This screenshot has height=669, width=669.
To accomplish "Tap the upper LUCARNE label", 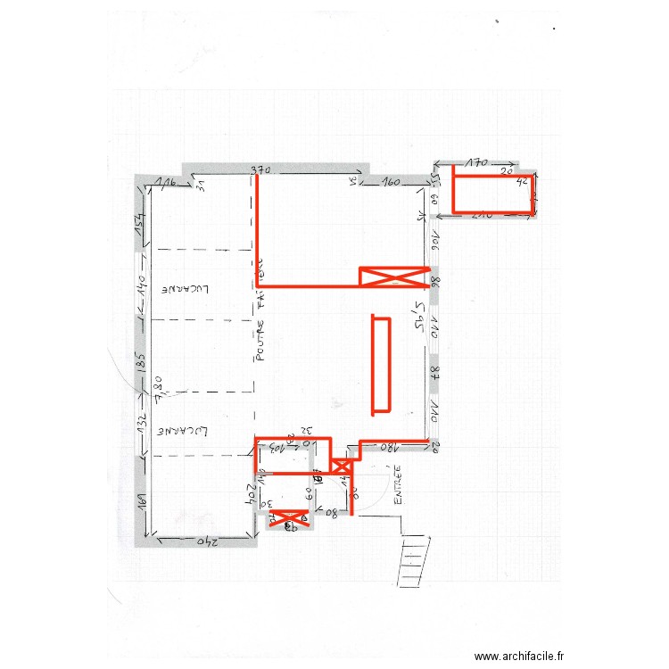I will coord(188,290).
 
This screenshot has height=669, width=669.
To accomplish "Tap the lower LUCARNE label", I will coord(185,431).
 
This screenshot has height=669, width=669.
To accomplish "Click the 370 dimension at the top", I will coord(260,169).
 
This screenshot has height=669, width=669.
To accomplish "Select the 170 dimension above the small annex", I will coord(477,163).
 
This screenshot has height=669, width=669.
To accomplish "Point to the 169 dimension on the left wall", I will coord(141,502).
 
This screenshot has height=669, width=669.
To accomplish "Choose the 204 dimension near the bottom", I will coord(253,494).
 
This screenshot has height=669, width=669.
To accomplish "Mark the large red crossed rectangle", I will coord(393,277).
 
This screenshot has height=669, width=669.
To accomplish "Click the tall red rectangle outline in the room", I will coord(381,364).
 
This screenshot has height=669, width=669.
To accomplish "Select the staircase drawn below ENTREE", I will coord(413,558).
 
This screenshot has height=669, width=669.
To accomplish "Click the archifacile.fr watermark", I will coord(518,657).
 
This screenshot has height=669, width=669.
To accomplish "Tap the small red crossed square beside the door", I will coord(341,466).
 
